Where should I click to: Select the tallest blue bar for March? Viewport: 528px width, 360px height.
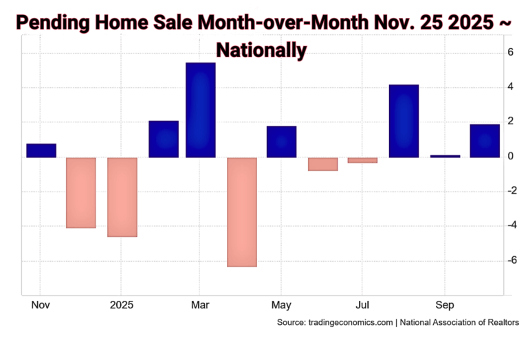click(201, 110)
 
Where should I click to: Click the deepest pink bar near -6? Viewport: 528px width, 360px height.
click(241, 212)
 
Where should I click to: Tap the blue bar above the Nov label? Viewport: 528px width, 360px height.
click(41, 150)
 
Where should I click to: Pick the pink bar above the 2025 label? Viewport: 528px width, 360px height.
click(122, 196)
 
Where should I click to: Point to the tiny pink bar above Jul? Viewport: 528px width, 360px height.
click(362, 160)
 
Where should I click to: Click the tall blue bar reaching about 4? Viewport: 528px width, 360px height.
click(404, 121)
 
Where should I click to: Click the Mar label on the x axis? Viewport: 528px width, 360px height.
click(201, 304)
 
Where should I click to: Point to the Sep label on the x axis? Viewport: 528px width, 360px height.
click(444, 304)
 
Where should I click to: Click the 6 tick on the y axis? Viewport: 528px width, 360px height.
click(511, 52)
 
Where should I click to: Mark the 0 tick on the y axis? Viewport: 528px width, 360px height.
click(511, 157)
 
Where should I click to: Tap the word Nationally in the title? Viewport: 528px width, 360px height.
click(261, 49)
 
